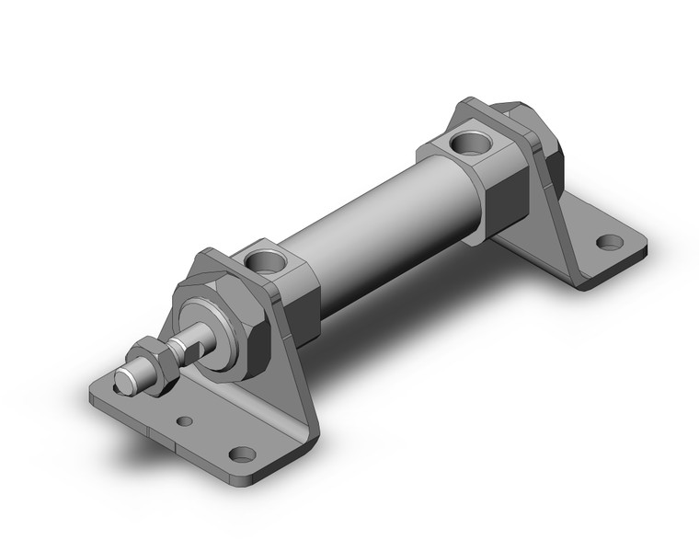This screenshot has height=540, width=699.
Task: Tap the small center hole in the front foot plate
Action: coord(186,421)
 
